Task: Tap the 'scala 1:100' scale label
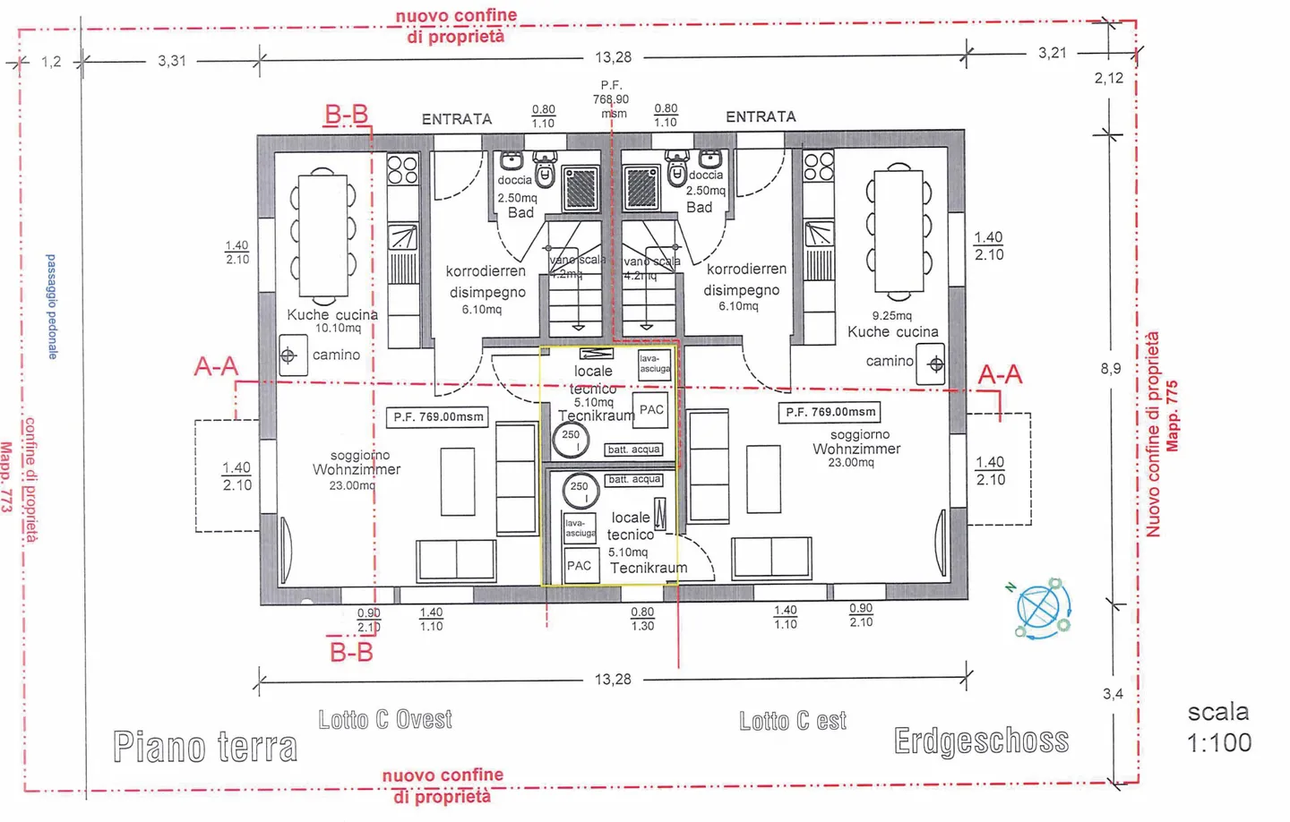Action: pos(1218,727)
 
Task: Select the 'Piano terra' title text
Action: pos(205,747)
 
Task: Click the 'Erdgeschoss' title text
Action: pos(981,741)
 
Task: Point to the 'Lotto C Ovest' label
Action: pos(385,720)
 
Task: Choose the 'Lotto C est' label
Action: pos(793,721)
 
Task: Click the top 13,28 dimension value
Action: pos(613,57)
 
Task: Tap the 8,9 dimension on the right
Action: pos(1110,369)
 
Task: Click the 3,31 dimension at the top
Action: pos(172,61)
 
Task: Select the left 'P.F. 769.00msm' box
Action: pos(438,417)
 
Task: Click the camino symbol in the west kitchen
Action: pos(289,355)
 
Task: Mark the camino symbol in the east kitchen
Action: pos(934,364)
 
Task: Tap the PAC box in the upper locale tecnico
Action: pos(651,410)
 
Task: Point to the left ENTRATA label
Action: pos(457,119)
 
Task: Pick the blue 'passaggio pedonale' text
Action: pos(52,306)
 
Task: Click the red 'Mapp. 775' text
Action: pos(1173,416)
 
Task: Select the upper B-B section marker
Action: pos(347,115)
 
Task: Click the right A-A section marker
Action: pos(1000,374)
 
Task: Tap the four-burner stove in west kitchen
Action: pos(402,169)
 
